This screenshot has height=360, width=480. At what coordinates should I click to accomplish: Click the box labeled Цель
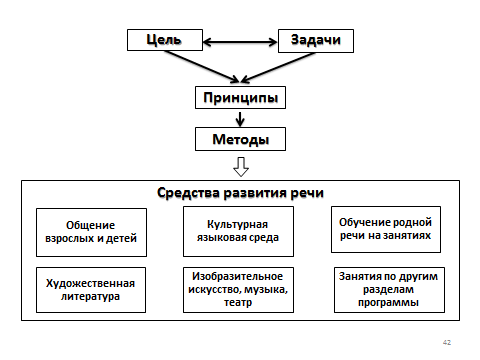pyautogui.click(x=165, y=40)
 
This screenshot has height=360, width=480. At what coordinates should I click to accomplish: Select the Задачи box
pyautogui.click(x=316, y=41)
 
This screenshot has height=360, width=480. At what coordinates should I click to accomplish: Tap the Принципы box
pyautogui.click(x=240, y=97)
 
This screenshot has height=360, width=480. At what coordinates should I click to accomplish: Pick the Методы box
pyautogui.click(x=240, y=139)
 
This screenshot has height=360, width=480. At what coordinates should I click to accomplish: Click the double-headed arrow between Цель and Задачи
pyautogui.click(x=240, y=42)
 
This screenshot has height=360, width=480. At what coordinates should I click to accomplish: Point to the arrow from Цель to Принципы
pyautogui.click(x=202, y=66)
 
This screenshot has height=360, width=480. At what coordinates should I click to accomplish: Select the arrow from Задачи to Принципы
pyautogui.click(x=278, y=67)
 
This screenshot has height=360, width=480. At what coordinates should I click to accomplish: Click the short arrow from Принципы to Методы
pyautogui.click(x=240, y=118)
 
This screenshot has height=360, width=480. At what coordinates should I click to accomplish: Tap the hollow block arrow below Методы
pyautogui.click(x=241, y=167)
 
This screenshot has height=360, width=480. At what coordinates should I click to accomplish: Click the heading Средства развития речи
pyautogui.click(x=240, y=193)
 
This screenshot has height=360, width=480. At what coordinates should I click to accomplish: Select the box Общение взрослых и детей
pyautogui.click(x=91, y=232)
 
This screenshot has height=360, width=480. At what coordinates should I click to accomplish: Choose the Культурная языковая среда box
pyautogui.click(x=238, y=231)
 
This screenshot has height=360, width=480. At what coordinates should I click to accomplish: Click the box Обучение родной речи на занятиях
pyautogui.click(x=386, y=229)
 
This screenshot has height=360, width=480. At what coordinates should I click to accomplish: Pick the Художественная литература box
pyautogui.click(x=91, y=290)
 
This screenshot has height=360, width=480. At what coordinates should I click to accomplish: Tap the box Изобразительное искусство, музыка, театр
pyautogui.click(x=238, y=290)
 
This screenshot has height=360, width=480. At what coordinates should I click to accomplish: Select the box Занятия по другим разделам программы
pyautogui.click(x=389, y=290)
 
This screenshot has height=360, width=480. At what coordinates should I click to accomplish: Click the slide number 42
pyautogui.click(x=447, y=342)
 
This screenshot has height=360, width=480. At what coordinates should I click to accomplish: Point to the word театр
pyautogui.click(x=238, y=303)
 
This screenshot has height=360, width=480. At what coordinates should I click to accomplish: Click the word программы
pyautogui.click(x=388, y=303)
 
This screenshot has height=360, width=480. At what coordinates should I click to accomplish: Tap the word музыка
pyautogui.click(x=266, y=290)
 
